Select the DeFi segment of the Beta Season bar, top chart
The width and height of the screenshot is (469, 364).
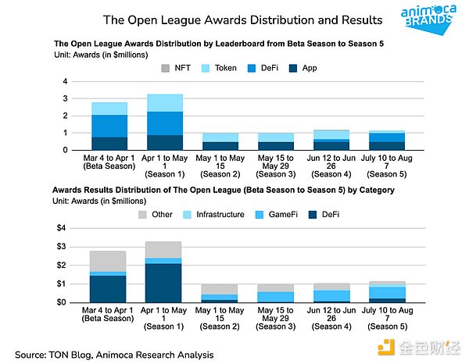(109, 126)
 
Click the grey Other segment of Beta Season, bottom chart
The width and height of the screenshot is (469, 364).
(109, 261)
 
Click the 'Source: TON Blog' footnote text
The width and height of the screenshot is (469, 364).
(113, 355)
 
